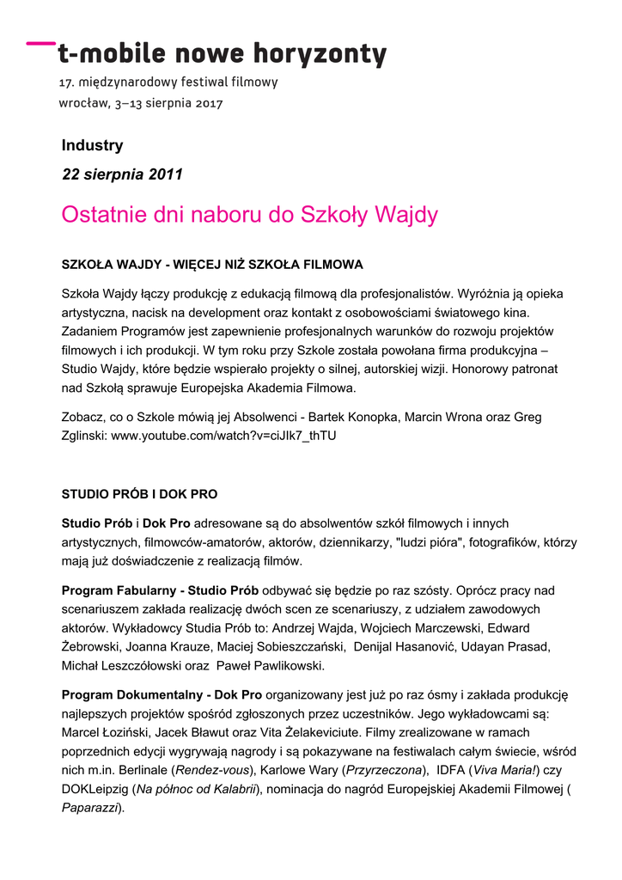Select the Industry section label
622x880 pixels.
pos(92,145)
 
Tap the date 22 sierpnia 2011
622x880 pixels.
pos(122,174)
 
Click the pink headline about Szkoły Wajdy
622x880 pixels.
pos(249,215)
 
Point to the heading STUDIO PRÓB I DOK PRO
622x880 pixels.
pos(139,494)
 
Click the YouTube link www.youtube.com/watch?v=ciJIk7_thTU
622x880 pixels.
pos(223,436)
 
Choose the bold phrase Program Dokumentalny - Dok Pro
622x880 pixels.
pos(162,694)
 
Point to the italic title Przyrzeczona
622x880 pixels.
pos(384,770)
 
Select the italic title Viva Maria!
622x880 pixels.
pos(504,770)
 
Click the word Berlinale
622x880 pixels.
pos(142,770)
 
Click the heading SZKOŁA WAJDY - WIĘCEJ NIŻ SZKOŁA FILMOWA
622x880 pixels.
pos(212,264)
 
